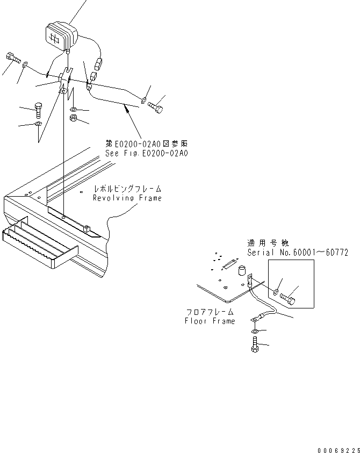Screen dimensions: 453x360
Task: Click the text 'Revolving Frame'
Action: [127, 198]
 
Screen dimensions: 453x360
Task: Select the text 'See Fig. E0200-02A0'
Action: [147, 153]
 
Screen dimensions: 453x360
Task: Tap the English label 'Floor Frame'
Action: [210, 321]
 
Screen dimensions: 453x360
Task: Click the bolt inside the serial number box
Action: [290, 296]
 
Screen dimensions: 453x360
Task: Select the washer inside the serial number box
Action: [275, 292]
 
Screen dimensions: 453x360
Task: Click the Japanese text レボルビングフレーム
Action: [127, 190]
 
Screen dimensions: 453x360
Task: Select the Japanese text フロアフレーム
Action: [210, 312]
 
